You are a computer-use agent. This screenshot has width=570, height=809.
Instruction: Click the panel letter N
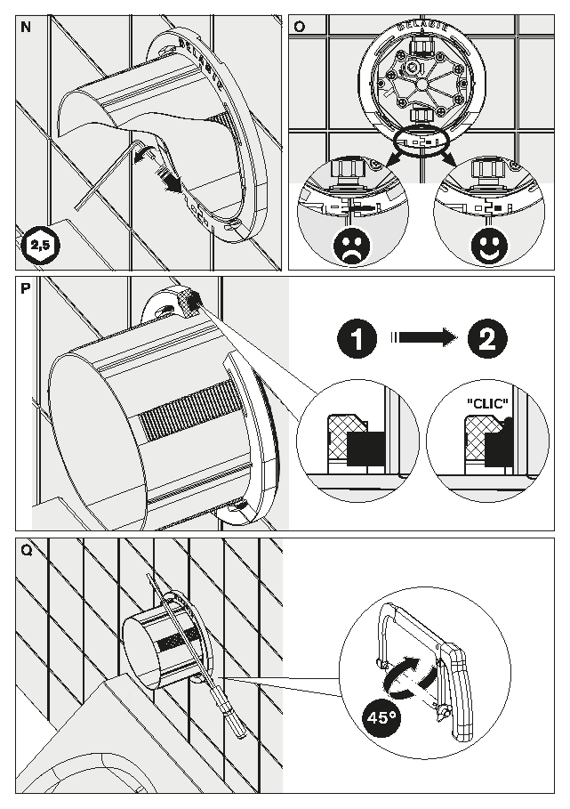click(25, 27)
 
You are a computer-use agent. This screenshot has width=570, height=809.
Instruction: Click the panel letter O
click(299, 27)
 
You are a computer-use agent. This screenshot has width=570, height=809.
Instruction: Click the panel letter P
click(25, 288)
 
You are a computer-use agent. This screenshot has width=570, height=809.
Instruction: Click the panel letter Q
click(27, 550)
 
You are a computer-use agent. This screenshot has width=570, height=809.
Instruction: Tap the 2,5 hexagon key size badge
click(41, 245)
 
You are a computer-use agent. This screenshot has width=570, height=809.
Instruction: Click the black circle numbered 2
click(487, 338)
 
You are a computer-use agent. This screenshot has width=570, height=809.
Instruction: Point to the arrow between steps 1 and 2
click(421, 338)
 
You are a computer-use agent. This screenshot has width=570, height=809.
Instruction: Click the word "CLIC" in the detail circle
click(487, 403)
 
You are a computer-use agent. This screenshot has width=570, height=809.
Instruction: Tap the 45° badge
click(381, 717)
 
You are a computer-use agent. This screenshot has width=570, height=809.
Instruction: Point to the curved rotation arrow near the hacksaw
click(410, 675)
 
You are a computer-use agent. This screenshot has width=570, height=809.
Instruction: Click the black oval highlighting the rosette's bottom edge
click(422, 140)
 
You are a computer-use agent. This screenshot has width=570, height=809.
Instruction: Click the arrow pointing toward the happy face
click(448, 157)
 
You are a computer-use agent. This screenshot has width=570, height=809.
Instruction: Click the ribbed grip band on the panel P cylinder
click(189, 409)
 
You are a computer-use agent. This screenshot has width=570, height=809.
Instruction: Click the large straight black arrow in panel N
click(170, 180)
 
